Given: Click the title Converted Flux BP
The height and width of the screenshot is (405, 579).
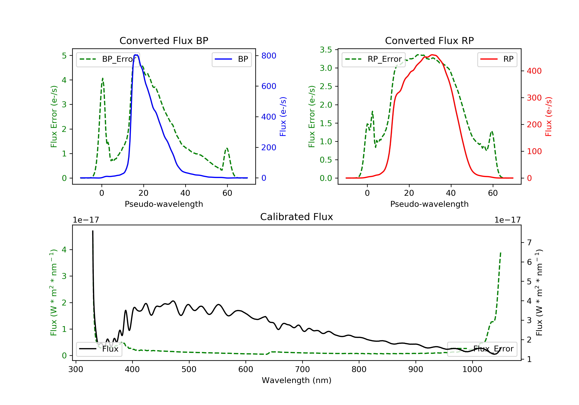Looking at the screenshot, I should coord(164,40).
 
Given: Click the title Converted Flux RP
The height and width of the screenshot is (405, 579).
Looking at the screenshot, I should coord(429,40).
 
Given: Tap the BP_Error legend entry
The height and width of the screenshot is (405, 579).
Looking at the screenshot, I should coord(108,59).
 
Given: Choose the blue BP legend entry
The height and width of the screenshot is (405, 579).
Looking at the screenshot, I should coord(231,59).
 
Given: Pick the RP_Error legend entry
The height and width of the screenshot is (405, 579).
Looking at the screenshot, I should coord(373,59).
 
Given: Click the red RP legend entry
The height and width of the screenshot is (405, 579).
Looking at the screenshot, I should coord(497,59).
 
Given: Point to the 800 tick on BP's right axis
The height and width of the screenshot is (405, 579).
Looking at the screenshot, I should coord(269,56).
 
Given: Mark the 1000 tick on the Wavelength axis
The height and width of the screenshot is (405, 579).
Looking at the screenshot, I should coord(472,370).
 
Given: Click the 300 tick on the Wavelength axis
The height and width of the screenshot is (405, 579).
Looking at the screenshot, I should coord(76,370).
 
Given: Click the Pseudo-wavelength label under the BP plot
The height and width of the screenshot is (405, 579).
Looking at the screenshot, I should coord(164,204).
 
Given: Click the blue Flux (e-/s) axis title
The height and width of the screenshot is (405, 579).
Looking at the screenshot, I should coord(283,116).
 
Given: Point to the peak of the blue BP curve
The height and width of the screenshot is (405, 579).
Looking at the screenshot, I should coord(136,55).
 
